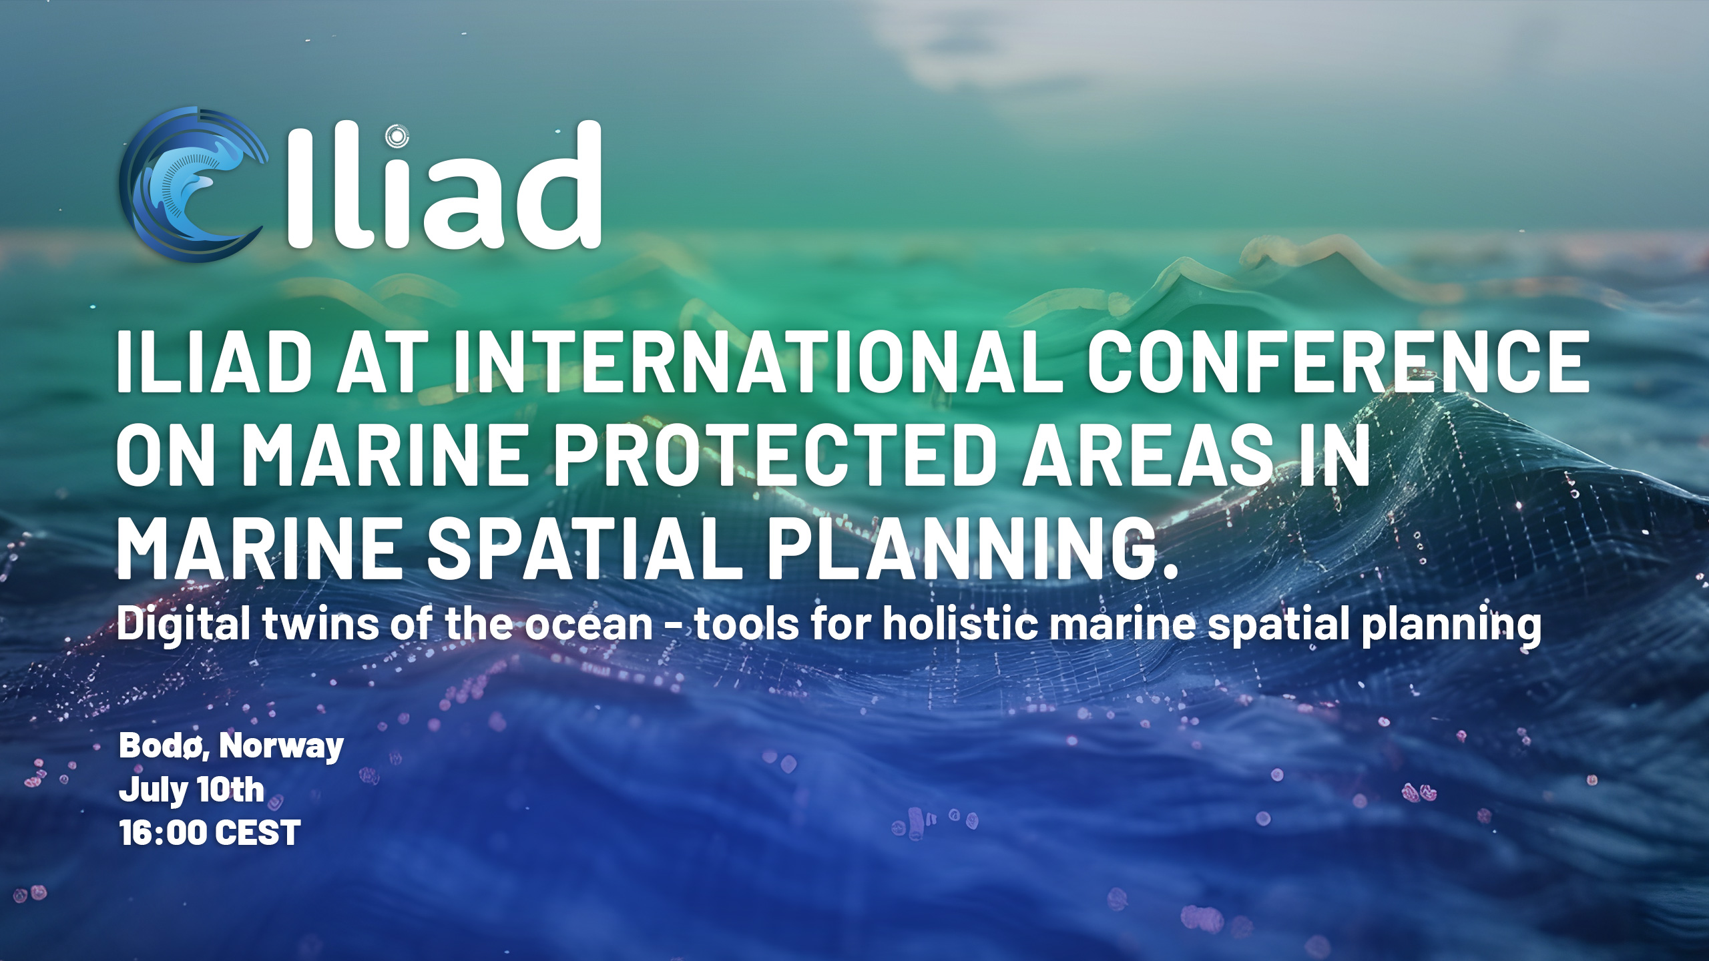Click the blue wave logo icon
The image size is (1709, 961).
pyautogui.click(x=194, y=184)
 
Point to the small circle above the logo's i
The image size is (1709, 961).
pyautogui.click(x=397, y=136)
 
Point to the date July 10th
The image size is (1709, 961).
pyautogui.click(x=192, y=790)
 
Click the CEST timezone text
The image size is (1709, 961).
pyautogui.click(x=258, y=834)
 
